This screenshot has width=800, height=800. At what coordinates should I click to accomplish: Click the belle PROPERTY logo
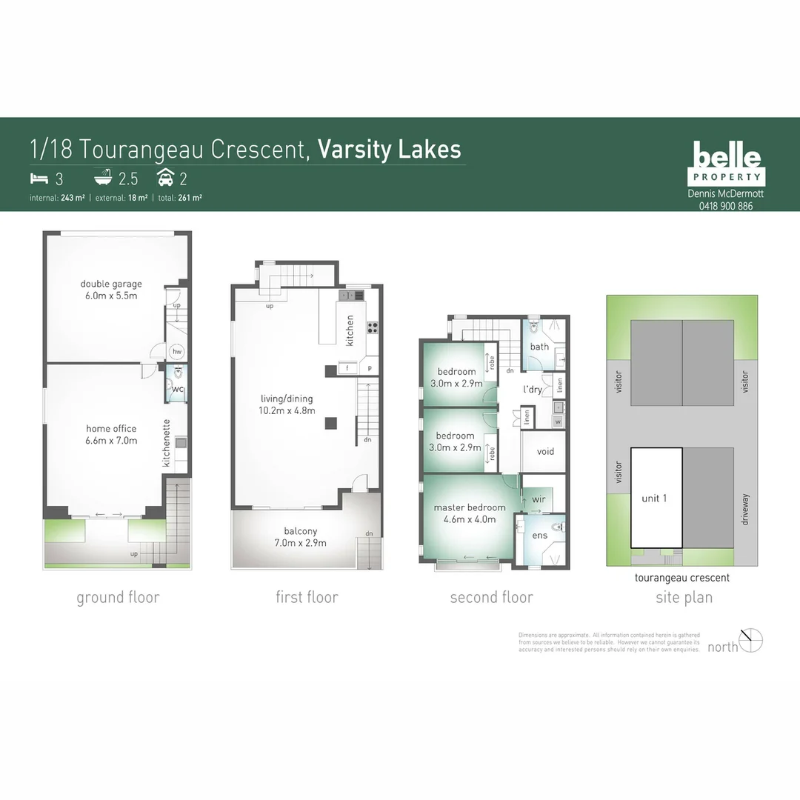click(x=728, y=164)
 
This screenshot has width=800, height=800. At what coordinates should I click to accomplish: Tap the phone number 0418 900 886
click(x=725, y=206)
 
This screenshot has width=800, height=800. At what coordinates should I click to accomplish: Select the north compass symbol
click(x=751, y=640)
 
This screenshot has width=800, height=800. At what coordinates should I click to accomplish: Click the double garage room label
click(x=111, y=284)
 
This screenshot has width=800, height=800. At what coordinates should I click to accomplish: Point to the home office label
click(x=110, y=428)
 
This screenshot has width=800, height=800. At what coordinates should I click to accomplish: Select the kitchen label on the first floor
click(x=350, y=330)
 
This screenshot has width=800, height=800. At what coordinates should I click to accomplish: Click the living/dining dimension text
click(x=292, y=410)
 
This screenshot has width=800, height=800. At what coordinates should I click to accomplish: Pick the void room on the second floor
click(x=544, y=451)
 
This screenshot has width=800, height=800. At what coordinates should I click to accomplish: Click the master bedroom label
click(x=470, y=507)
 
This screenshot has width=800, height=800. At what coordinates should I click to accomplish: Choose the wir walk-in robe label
click(x=539, y=499)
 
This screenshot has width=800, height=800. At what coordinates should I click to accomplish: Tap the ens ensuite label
click(x=539, y=535)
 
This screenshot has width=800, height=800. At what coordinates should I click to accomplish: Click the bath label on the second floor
click(x=539, y=346)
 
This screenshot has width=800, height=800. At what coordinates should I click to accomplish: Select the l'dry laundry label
click(x=533, y=389)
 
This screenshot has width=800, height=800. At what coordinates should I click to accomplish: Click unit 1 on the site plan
click(x=654, y=499)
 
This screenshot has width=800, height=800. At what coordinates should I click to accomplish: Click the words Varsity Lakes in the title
click(x=389, y=149)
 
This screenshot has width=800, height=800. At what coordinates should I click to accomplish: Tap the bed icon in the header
click(x=39, y=178)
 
